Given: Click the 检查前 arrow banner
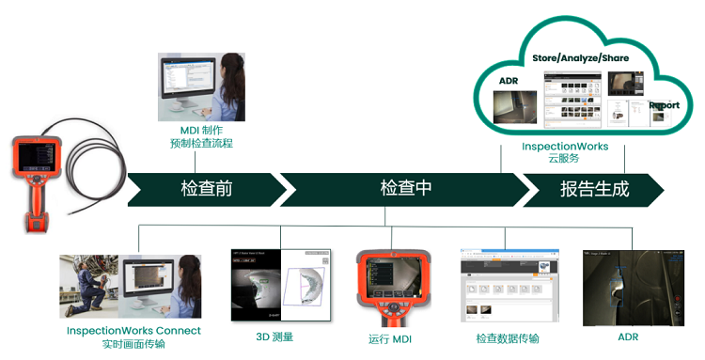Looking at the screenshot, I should pos(206,189).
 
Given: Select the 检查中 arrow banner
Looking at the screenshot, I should pos(405,188).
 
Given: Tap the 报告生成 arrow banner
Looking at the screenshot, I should pos(594,189).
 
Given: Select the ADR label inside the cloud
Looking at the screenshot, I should pos(509,81).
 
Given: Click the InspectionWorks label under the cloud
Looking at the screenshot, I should pos(565,148).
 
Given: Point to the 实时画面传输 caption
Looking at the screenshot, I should pos(133,345).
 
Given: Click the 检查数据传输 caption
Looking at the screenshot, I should pos(508,338).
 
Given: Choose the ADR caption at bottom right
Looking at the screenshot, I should pos(628,337).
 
